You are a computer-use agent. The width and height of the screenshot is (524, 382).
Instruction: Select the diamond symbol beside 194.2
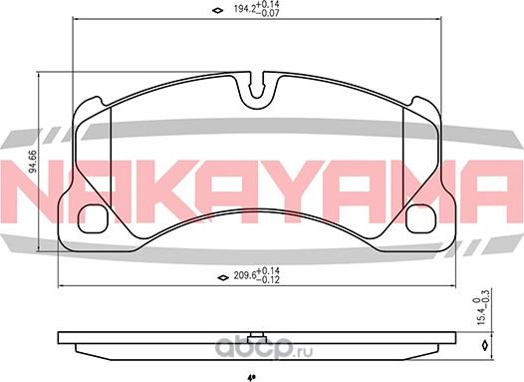tap(218, 12)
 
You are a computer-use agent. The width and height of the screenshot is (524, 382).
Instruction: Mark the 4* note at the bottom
tap(251, 377)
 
